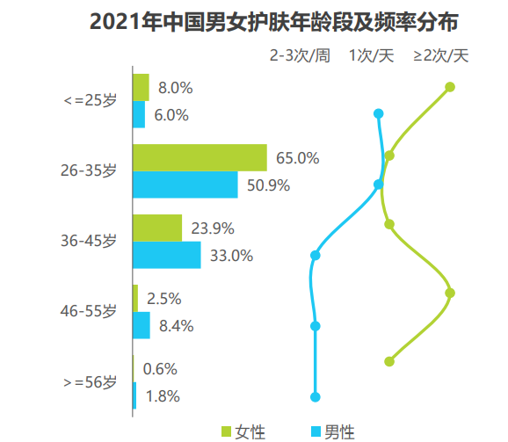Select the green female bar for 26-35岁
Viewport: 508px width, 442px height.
[200, 158]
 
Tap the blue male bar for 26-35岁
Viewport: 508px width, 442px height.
[185, 185]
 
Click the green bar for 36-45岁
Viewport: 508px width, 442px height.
[157, 228]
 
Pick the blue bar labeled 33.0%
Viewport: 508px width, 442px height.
[167, 256]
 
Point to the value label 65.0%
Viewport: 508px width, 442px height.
[297, 159]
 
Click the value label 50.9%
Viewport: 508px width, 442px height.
[269, 185]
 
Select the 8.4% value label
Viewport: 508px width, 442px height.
[176, 326]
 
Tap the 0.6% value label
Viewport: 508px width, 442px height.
[160, 369]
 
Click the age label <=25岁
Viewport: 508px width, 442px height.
[90, 101]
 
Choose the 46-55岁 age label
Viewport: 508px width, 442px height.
[88, 312]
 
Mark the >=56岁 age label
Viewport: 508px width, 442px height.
[90, 382]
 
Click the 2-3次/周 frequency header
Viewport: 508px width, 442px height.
[300, 55]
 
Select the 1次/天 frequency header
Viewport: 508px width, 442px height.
[371, 55]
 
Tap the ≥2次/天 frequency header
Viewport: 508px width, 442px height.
[442, 55]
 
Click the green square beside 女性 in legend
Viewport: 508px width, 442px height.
[226, 431]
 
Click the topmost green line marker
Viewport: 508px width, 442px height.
[450, 87]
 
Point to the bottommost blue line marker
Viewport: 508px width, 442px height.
[316, 396]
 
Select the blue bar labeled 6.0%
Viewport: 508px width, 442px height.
[139, 115]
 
